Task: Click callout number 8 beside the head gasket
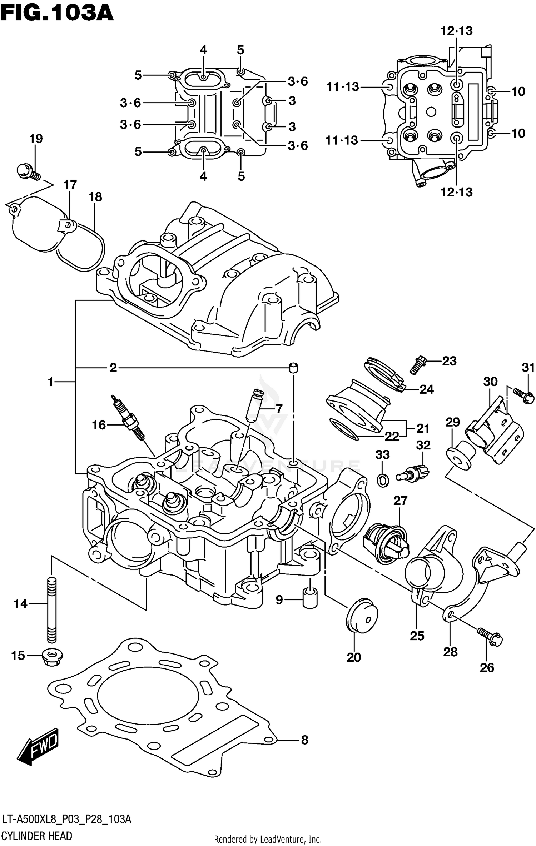(x=304, y=740)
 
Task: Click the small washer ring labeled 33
(x=383, y=481)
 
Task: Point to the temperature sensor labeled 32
(x=413, y=473)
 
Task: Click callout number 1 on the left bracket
(x=51, y=382)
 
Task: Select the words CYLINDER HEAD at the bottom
(x=37, y=836)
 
